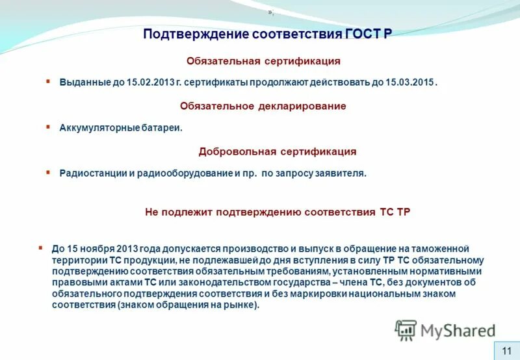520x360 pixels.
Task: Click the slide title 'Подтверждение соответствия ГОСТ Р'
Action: point(267,33)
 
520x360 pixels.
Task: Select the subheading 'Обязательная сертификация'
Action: point(263,60)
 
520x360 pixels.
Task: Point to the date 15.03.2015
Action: point(412,83)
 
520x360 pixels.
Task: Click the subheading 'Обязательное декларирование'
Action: point(263,105)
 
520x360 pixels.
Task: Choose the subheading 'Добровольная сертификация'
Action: point(278,151)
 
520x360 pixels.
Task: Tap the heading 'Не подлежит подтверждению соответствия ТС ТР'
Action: point(277,212)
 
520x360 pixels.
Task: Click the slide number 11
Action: point(507,350)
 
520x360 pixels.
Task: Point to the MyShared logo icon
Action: point(406,330)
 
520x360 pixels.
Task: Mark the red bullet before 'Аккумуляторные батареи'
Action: point(47,127)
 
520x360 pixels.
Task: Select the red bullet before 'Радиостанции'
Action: point(47,172)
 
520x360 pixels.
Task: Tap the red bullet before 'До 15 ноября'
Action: point(40,247)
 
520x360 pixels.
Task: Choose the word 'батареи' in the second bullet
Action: point(162,128)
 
